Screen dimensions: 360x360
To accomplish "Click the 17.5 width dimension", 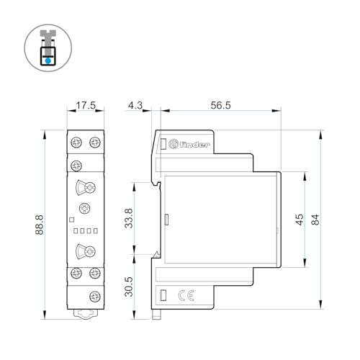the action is tap(86, 105).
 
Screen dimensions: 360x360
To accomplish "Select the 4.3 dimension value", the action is tap(135, 105).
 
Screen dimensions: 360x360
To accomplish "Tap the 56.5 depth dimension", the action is tap(220, 105).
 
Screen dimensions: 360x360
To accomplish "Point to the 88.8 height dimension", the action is tap(40, 225).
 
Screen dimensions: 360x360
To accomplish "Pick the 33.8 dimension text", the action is tap(129, 218).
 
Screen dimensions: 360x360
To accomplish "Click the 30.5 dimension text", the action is tap(129, 287).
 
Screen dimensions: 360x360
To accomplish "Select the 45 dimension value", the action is tap(300, 220).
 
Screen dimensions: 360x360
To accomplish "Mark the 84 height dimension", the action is tap(315, 220).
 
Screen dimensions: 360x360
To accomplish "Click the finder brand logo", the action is tap(189, 144).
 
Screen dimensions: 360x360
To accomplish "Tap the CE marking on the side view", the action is tap(186, 295).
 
